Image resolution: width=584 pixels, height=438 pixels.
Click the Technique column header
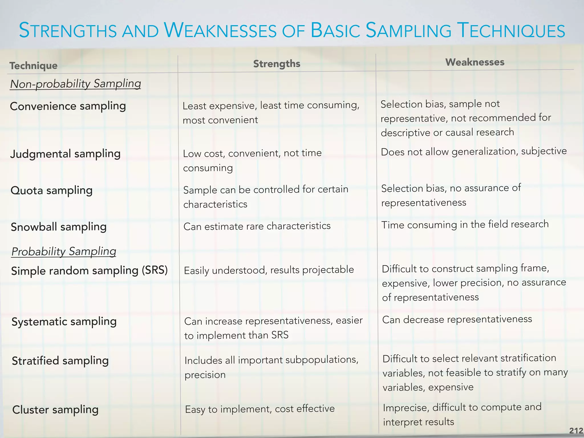(34, 66)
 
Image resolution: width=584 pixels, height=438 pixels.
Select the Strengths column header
(277, 64)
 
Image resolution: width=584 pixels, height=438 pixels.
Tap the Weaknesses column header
(475, 62)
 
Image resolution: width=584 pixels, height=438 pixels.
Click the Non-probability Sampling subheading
(76, 84)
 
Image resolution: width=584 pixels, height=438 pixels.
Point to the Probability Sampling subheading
(64, 252)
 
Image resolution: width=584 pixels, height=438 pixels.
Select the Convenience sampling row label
(68, 106)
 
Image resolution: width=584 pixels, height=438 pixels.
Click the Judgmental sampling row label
(65, 154)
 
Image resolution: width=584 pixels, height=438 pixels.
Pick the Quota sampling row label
(52, 190)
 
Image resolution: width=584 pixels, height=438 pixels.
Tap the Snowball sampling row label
(58, 227)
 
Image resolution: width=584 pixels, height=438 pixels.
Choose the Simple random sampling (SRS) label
(89, 270)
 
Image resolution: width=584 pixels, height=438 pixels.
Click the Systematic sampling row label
(64, 322)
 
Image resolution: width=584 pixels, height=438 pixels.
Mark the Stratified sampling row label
(60, 361)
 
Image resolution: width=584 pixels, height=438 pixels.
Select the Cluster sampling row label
(55, 410)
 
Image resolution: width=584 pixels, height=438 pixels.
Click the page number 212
(576, 431)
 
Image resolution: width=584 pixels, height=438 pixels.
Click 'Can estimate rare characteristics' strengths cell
(257, 226)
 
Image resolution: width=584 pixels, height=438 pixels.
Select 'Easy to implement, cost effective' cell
(260, 409)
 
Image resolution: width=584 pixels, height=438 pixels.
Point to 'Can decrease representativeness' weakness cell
(457, 319)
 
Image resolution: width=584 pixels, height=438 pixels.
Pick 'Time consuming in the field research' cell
(465, 225)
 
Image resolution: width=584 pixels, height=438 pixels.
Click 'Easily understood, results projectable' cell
(269, 270)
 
